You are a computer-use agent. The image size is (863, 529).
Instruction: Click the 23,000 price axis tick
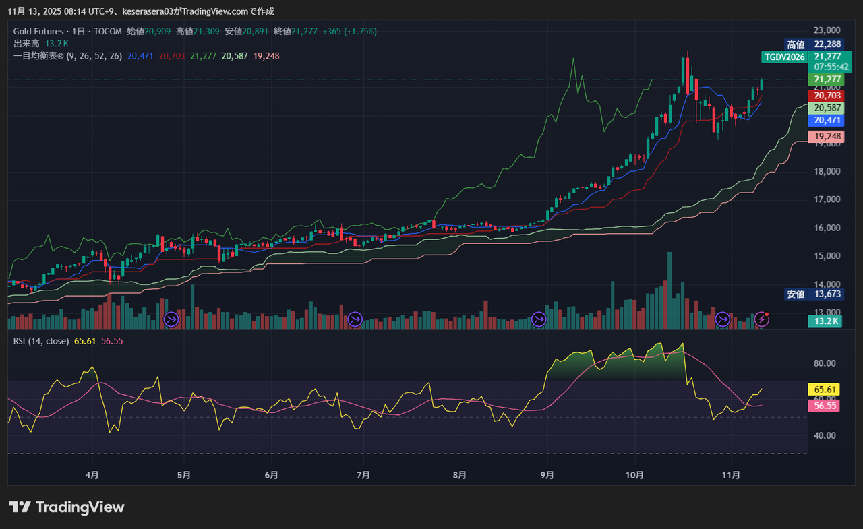[x=827, y=30]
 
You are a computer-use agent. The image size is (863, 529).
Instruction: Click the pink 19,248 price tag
[x=827, y=136]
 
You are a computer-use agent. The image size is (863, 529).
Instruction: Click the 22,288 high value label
[x=827, y=44]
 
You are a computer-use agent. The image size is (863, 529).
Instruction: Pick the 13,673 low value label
[x=827, y=294]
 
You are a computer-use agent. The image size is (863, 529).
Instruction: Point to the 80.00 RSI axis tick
[x=825, y=363]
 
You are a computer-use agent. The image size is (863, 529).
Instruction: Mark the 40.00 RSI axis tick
[x=825, y=435]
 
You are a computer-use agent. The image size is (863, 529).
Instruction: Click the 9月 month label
[x=547, y=475]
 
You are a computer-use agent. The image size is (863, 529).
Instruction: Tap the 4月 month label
[x=92, y=475]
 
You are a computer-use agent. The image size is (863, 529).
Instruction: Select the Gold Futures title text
[x=39, y=32]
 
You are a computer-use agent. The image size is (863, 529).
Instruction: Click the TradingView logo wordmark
[x=67, y=507]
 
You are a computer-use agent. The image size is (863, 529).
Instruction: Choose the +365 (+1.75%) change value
[x=349, y=32]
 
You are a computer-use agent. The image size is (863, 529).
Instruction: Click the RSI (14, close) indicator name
[x=41, y=341]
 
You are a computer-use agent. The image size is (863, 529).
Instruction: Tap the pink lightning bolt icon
[x=762, y=319]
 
